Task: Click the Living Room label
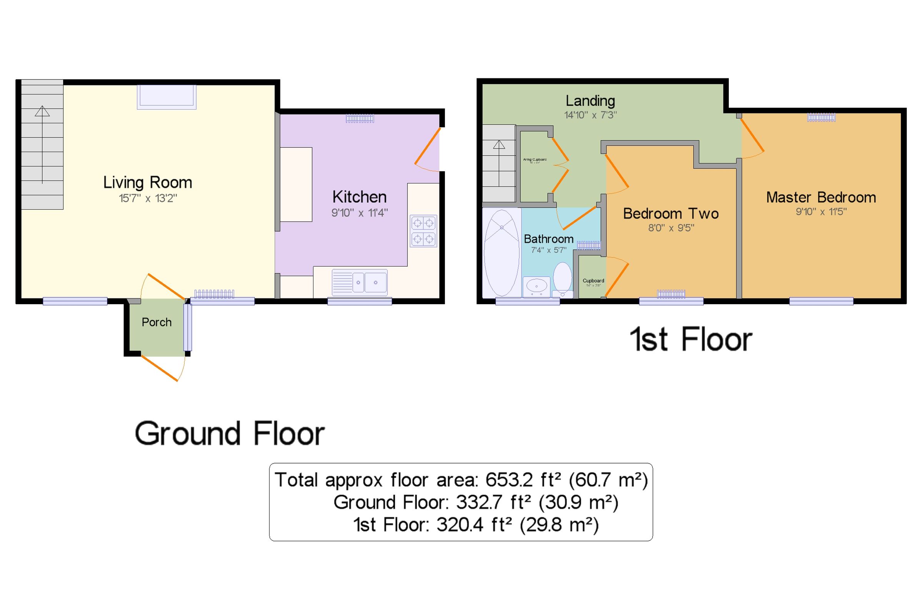point(147,183)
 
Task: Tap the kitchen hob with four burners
point(423,231)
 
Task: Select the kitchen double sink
point(359,282)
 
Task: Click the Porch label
point(157,322)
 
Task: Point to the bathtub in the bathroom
point(501,253)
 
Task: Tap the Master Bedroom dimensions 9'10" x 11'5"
point(821,212)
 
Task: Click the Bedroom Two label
point(670,214)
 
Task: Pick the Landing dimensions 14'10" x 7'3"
point(590,115)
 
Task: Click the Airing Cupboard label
point(535,160)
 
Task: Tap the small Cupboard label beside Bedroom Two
point(593,281)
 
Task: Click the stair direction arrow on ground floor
point(42,112)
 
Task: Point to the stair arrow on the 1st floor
point(499,145)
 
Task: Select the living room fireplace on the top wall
point(166,97)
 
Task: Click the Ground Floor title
point(230,434)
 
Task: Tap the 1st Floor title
point(690,340)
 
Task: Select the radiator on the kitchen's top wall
point(360,118)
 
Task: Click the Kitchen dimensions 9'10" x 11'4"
point(359,213)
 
